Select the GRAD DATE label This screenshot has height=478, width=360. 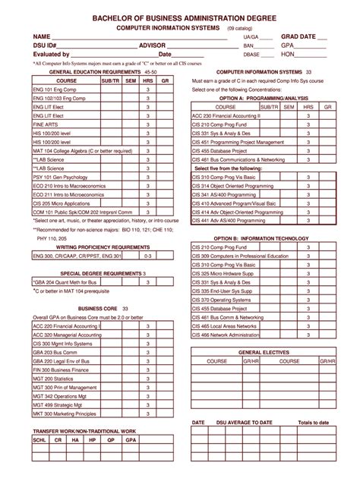300,36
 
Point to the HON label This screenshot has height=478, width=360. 288,55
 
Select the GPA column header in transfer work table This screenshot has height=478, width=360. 131,439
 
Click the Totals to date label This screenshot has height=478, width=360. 314,422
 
